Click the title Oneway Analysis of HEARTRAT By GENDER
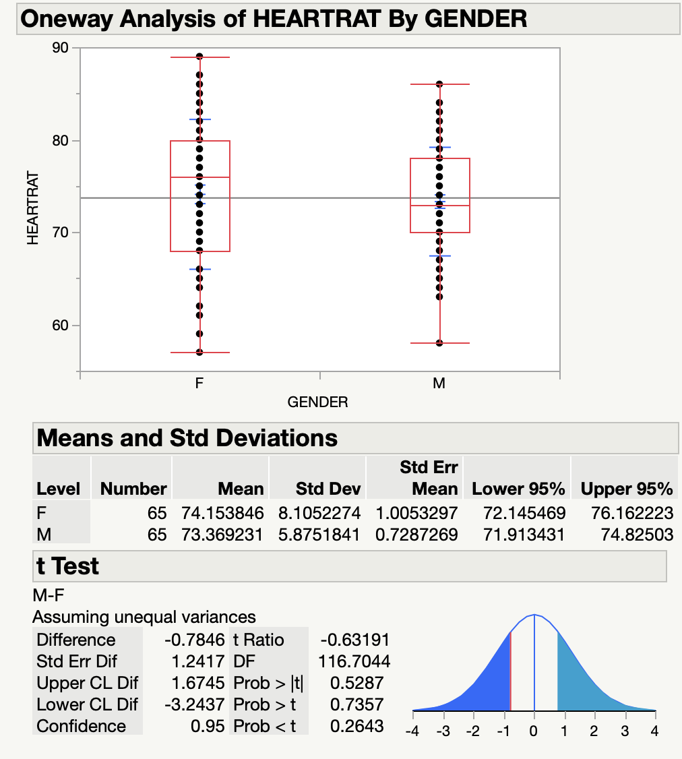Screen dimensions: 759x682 pos(274,18)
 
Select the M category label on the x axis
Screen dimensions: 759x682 pos(439,384)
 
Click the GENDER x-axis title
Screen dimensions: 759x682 pos(317,403)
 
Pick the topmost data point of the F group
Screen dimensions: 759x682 pos(199,57)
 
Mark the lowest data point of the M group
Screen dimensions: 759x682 pos(439,343)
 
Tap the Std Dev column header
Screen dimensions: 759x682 pos(328,489)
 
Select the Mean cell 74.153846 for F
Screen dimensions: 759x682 pos(222,513)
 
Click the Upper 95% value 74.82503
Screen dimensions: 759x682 pos(637,535)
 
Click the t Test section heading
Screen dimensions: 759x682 pos(67,566)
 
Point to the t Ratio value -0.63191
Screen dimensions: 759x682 pos(356,640)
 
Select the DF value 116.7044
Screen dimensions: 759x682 pos(354,661)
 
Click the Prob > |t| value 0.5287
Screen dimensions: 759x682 pos(357,683)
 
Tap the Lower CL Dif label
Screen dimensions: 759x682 pos(87,704)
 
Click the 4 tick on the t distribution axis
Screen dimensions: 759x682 pos(654,731)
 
